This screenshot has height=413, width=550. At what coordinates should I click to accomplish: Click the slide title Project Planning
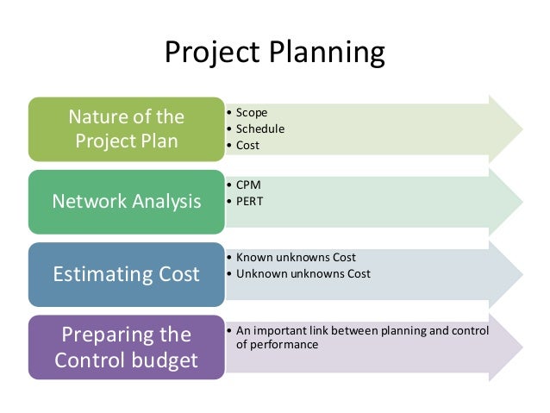pos(274,53)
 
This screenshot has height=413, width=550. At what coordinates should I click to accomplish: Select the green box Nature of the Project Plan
pos(126,128)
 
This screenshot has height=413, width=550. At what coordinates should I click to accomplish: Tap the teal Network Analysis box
pos(126,201)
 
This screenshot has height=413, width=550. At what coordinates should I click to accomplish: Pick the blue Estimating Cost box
pos(126,274)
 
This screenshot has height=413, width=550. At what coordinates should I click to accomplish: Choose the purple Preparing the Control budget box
pos(126,347)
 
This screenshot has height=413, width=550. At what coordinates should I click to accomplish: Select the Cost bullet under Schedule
pos(247,145)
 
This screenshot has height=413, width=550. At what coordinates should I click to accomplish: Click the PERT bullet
pos(250,200)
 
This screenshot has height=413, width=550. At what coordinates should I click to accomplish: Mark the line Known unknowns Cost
pos(295,257)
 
